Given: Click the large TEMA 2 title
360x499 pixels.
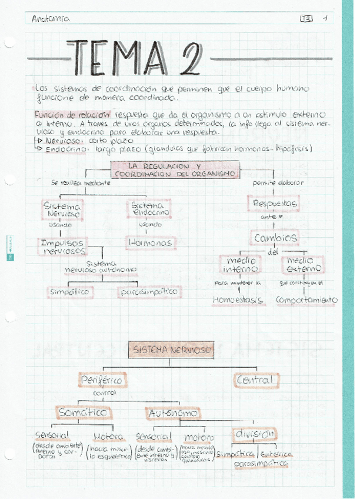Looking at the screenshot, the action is pos(136,58).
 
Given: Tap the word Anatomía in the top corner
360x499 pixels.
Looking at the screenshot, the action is pos(51,18).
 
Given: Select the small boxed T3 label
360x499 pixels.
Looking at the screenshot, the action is pos(306,18).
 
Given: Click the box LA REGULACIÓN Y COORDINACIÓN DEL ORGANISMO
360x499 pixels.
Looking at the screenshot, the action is pos(175,170).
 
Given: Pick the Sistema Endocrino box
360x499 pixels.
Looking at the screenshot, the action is pos(150,209).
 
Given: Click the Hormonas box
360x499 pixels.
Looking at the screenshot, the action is pos(151,242).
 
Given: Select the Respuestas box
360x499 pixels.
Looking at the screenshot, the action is pos(274,204).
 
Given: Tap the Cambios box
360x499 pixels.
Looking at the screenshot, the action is pos(275,238).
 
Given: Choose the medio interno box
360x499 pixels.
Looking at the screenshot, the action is pos(240,265).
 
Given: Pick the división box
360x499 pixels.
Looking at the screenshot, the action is pos(255,434).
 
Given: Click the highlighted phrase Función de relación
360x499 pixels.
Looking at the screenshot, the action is pos(64,114).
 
